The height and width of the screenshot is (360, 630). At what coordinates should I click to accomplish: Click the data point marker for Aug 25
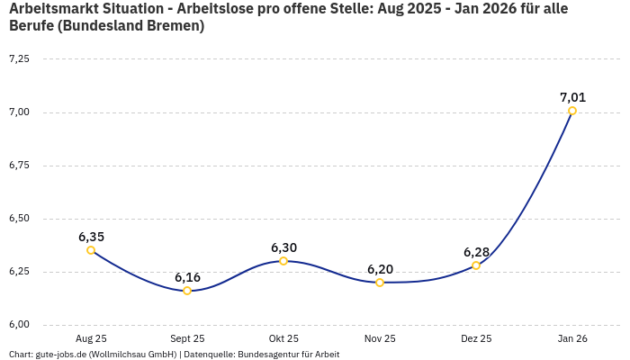91,250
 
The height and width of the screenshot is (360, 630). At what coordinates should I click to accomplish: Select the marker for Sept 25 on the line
187,291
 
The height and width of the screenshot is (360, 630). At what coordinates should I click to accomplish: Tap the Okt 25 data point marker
283,261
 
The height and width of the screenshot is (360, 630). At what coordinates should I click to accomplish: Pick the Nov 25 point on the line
380,283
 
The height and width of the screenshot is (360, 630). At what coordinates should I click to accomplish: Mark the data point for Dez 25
476,265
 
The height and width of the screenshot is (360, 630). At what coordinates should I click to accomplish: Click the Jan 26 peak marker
572,111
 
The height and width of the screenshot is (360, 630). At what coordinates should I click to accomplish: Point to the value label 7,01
572,97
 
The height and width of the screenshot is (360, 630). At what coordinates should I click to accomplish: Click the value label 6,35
91,237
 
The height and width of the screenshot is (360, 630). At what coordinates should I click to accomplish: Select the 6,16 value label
187,277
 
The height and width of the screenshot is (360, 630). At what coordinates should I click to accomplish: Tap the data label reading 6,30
283,247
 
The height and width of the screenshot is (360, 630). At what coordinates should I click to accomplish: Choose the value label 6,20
380,269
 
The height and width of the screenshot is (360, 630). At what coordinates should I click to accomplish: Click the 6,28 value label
476,252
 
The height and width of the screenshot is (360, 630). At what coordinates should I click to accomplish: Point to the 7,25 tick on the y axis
19,58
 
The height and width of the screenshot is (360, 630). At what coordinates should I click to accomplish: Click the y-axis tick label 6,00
19,325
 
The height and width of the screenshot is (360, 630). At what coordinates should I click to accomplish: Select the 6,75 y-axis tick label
19,166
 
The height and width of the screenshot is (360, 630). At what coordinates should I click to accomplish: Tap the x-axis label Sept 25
187,338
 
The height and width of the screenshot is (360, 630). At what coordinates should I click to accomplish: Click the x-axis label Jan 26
572,338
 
